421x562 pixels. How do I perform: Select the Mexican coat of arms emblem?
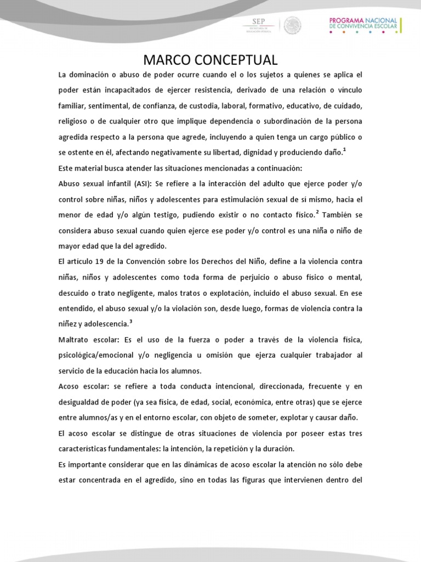click(x=292, y=25)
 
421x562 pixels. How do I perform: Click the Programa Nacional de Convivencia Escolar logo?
click(x=365, y=25)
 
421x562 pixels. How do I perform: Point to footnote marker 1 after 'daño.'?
click(x=344, y=149)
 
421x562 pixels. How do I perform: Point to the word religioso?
click(x=75, y=121)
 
